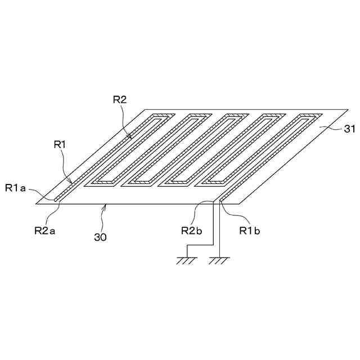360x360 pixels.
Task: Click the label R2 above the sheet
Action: click(x=119, y=100)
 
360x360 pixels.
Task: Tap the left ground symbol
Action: click(x=186, y=259)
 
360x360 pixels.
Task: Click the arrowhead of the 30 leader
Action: click(x=103, y=206)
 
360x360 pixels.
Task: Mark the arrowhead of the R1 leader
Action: click(x=71, y=183)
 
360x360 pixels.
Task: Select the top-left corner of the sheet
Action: click(x=146, y=109)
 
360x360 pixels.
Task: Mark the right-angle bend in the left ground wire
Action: click(x=212, y=245)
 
